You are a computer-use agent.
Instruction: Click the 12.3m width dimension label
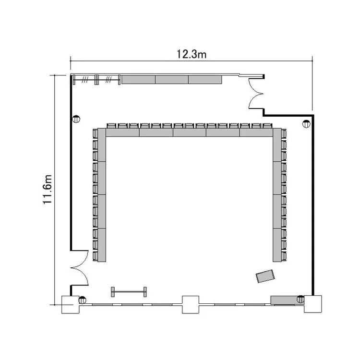[191, 54]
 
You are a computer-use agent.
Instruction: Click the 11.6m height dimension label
[48, 190]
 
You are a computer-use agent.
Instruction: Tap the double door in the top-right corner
[256, 94]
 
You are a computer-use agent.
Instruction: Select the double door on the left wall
[80, 268]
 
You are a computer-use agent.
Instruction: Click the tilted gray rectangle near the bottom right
[265, 276]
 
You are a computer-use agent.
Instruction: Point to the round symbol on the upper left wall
[76, 119]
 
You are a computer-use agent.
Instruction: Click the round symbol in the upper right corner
[306, 124]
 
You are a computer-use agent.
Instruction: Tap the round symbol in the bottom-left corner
[82, 300]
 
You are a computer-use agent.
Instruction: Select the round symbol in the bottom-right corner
[300, 299]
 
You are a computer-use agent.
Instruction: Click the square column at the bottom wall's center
[191, 305]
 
